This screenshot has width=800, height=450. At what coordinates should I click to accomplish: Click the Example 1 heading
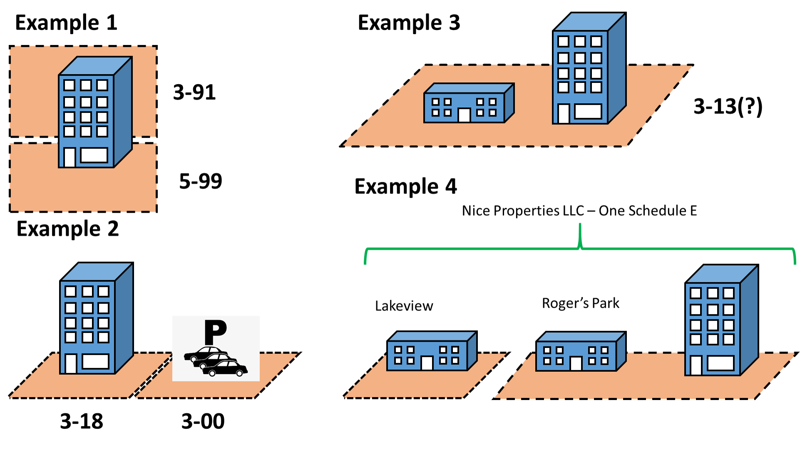[66, 23]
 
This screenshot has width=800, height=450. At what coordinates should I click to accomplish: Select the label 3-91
[194, 92]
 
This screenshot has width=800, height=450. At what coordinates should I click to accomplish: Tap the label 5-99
[201, 181]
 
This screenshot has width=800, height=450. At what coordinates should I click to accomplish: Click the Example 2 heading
[67, 229]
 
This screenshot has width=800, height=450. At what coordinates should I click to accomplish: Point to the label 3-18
[82, 421]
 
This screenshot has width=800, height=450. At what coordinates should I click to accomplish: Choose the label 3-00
[203, 421]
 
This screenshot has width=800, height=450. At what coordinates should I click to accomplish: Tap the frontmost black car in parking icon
[226, 369]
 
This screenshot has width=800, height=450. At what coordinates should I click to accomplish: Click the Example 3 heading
[409, 23]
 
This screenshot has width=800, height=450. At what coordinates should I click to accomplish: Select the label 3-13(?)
[728, 107]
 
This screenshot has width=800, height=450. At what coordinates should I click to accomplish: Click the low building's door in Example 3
[464, 115]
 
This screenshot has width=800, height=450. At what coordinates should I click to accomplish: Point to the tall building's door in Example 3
[563, 114]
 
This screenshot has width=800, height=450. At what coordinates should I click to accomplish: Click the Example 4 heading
[405, 186]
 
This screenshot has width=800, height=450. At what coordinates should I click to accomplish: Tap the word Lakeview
[404, 306]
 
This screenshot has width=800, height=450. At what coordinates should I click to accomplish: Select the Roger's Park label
[580, 303]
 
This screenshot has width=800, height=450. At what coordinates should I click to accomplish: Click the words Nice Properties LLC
[522, 211]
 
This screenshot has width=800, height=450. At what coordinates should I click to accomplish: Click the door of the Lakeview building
[427, 363]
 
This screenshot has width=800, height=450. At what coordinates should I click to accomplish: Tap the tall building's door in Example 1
[70, 157]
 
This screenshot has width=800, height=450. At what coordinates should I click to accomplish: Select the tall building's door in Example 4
[696, 365]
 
